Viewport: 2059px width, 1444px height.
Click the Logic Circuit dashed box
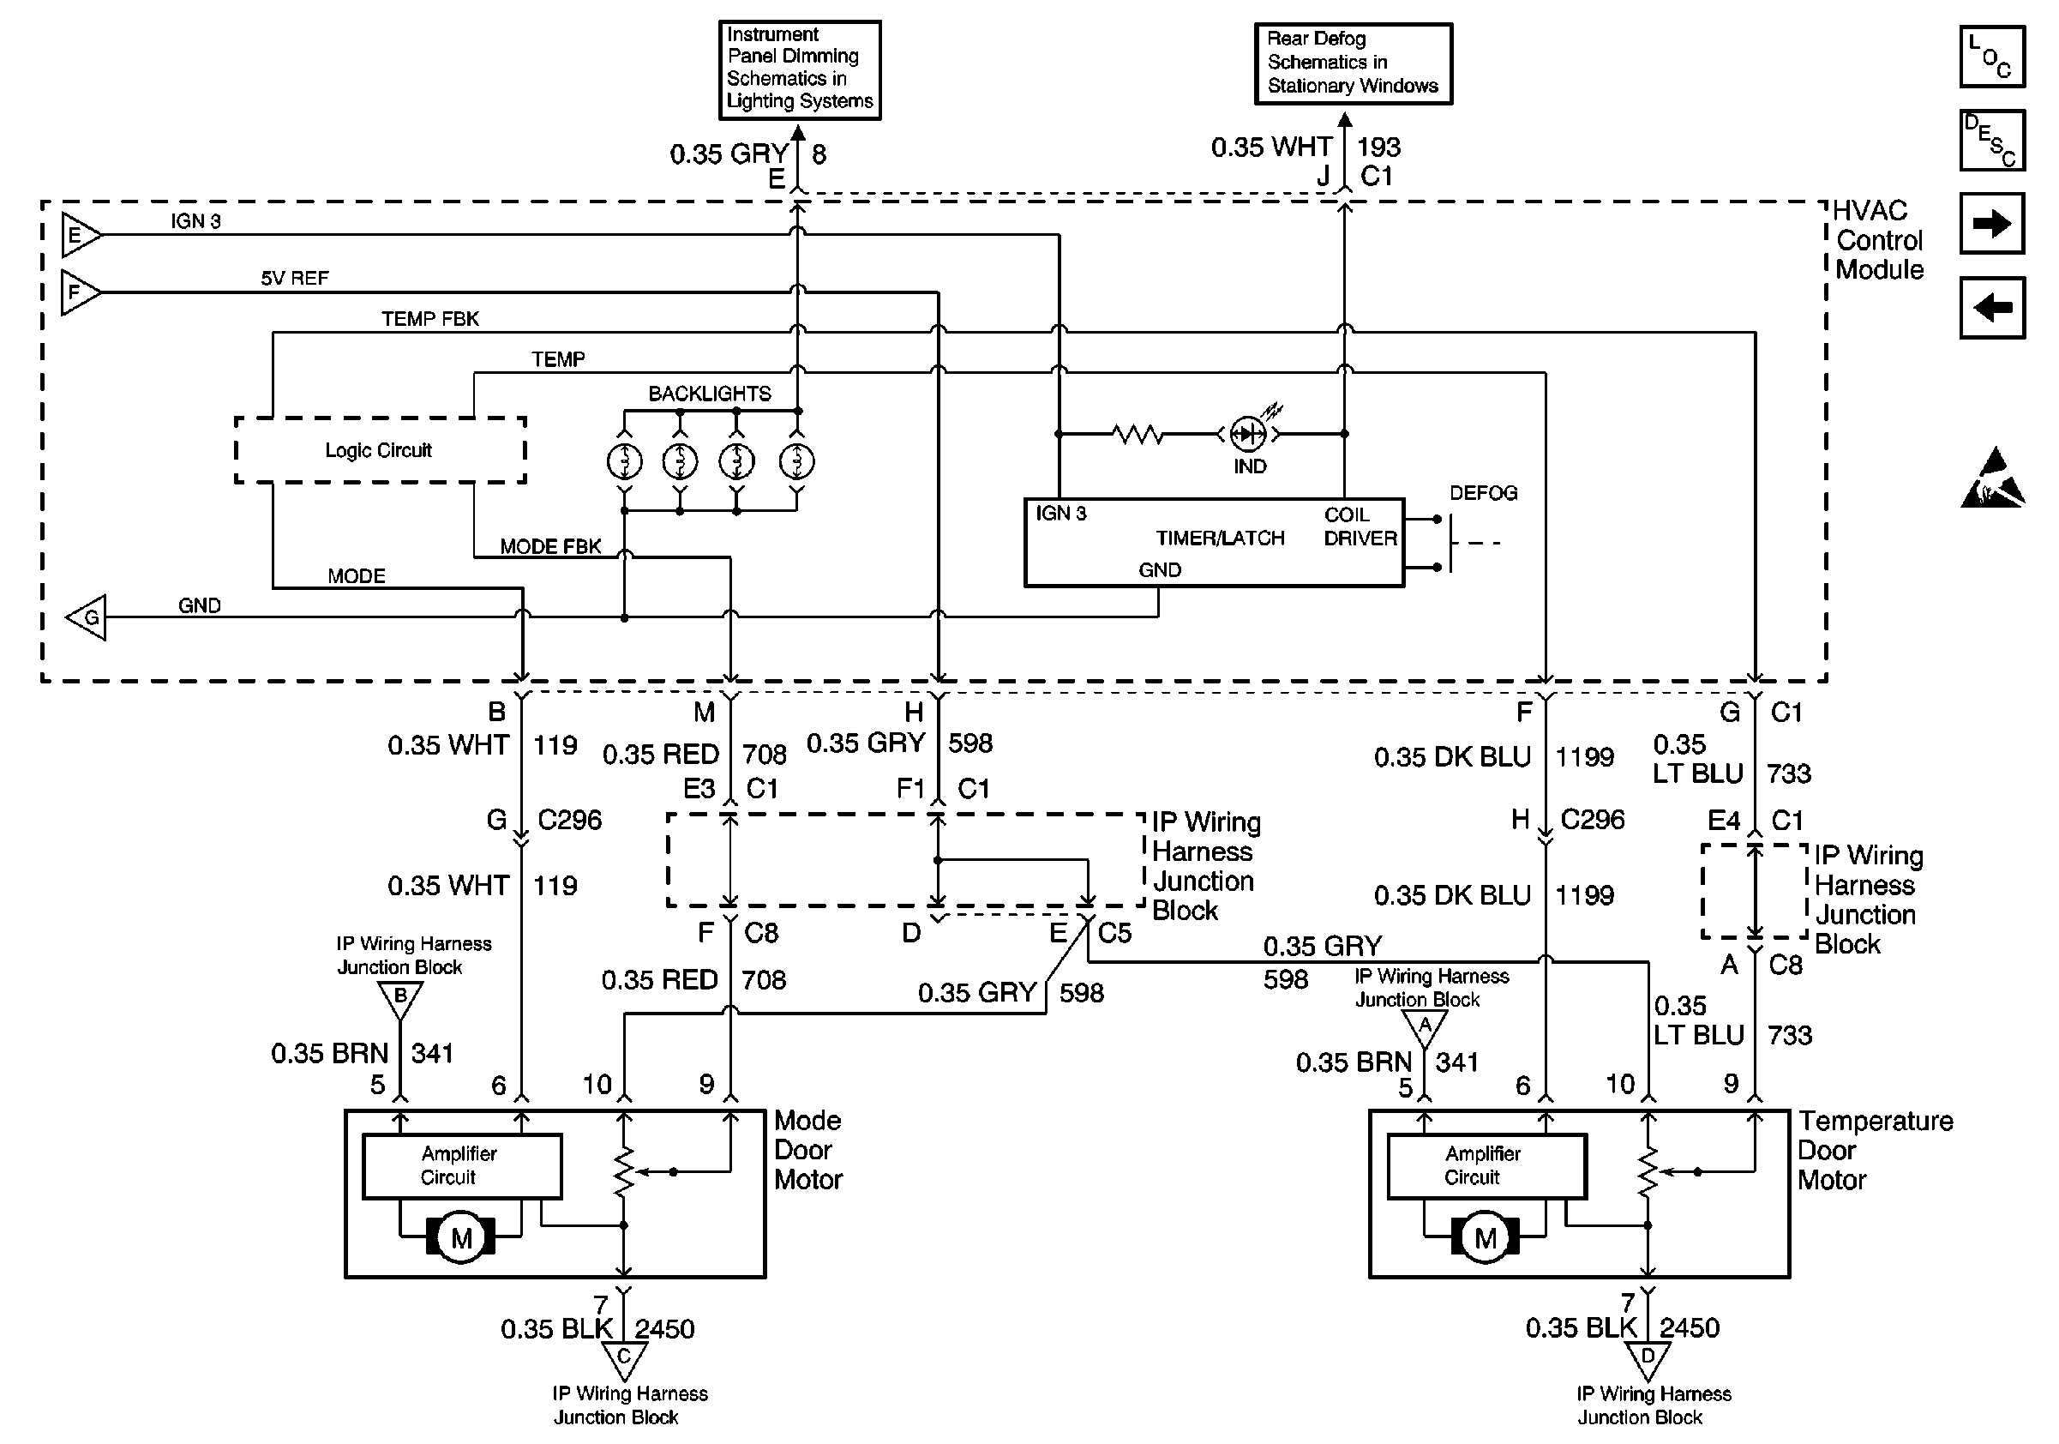(380, 450)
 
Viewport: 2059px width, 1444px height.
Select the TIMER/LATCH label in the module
(1220, 538)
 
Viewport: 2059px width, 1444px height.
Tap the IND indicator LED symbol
(1248, 434)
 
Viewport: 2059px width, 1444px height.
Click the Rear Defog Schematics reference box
(1353, 63)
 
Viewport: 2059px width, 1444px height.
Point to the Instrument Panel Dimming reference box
(799, 69)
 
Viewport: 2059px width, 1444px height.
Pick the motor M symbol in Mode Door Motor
(461, 1238)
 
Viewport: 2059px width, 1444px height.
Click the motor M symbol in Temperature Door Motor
(1485, 1238)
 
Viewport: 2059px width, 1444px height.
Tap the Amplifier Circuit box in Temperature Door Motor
(1486, 1166)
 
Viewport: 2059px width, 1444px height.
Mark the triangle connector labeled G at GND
(87, 617)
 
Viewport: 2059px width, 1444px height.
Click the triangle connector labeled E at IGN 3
(80, 235)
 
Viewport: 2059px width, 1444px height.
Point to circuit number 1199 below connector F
(1585, 757)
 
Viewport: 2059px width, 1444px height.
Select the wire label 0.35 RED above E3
(661, 755)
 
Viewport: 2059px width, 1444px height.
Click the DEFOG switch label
(1483, 492)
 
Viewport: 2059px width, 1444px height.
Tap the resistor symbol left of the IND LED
(1138, 434)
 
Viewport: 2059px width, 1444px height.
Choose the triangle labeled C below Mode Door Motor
(624, 1359)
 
